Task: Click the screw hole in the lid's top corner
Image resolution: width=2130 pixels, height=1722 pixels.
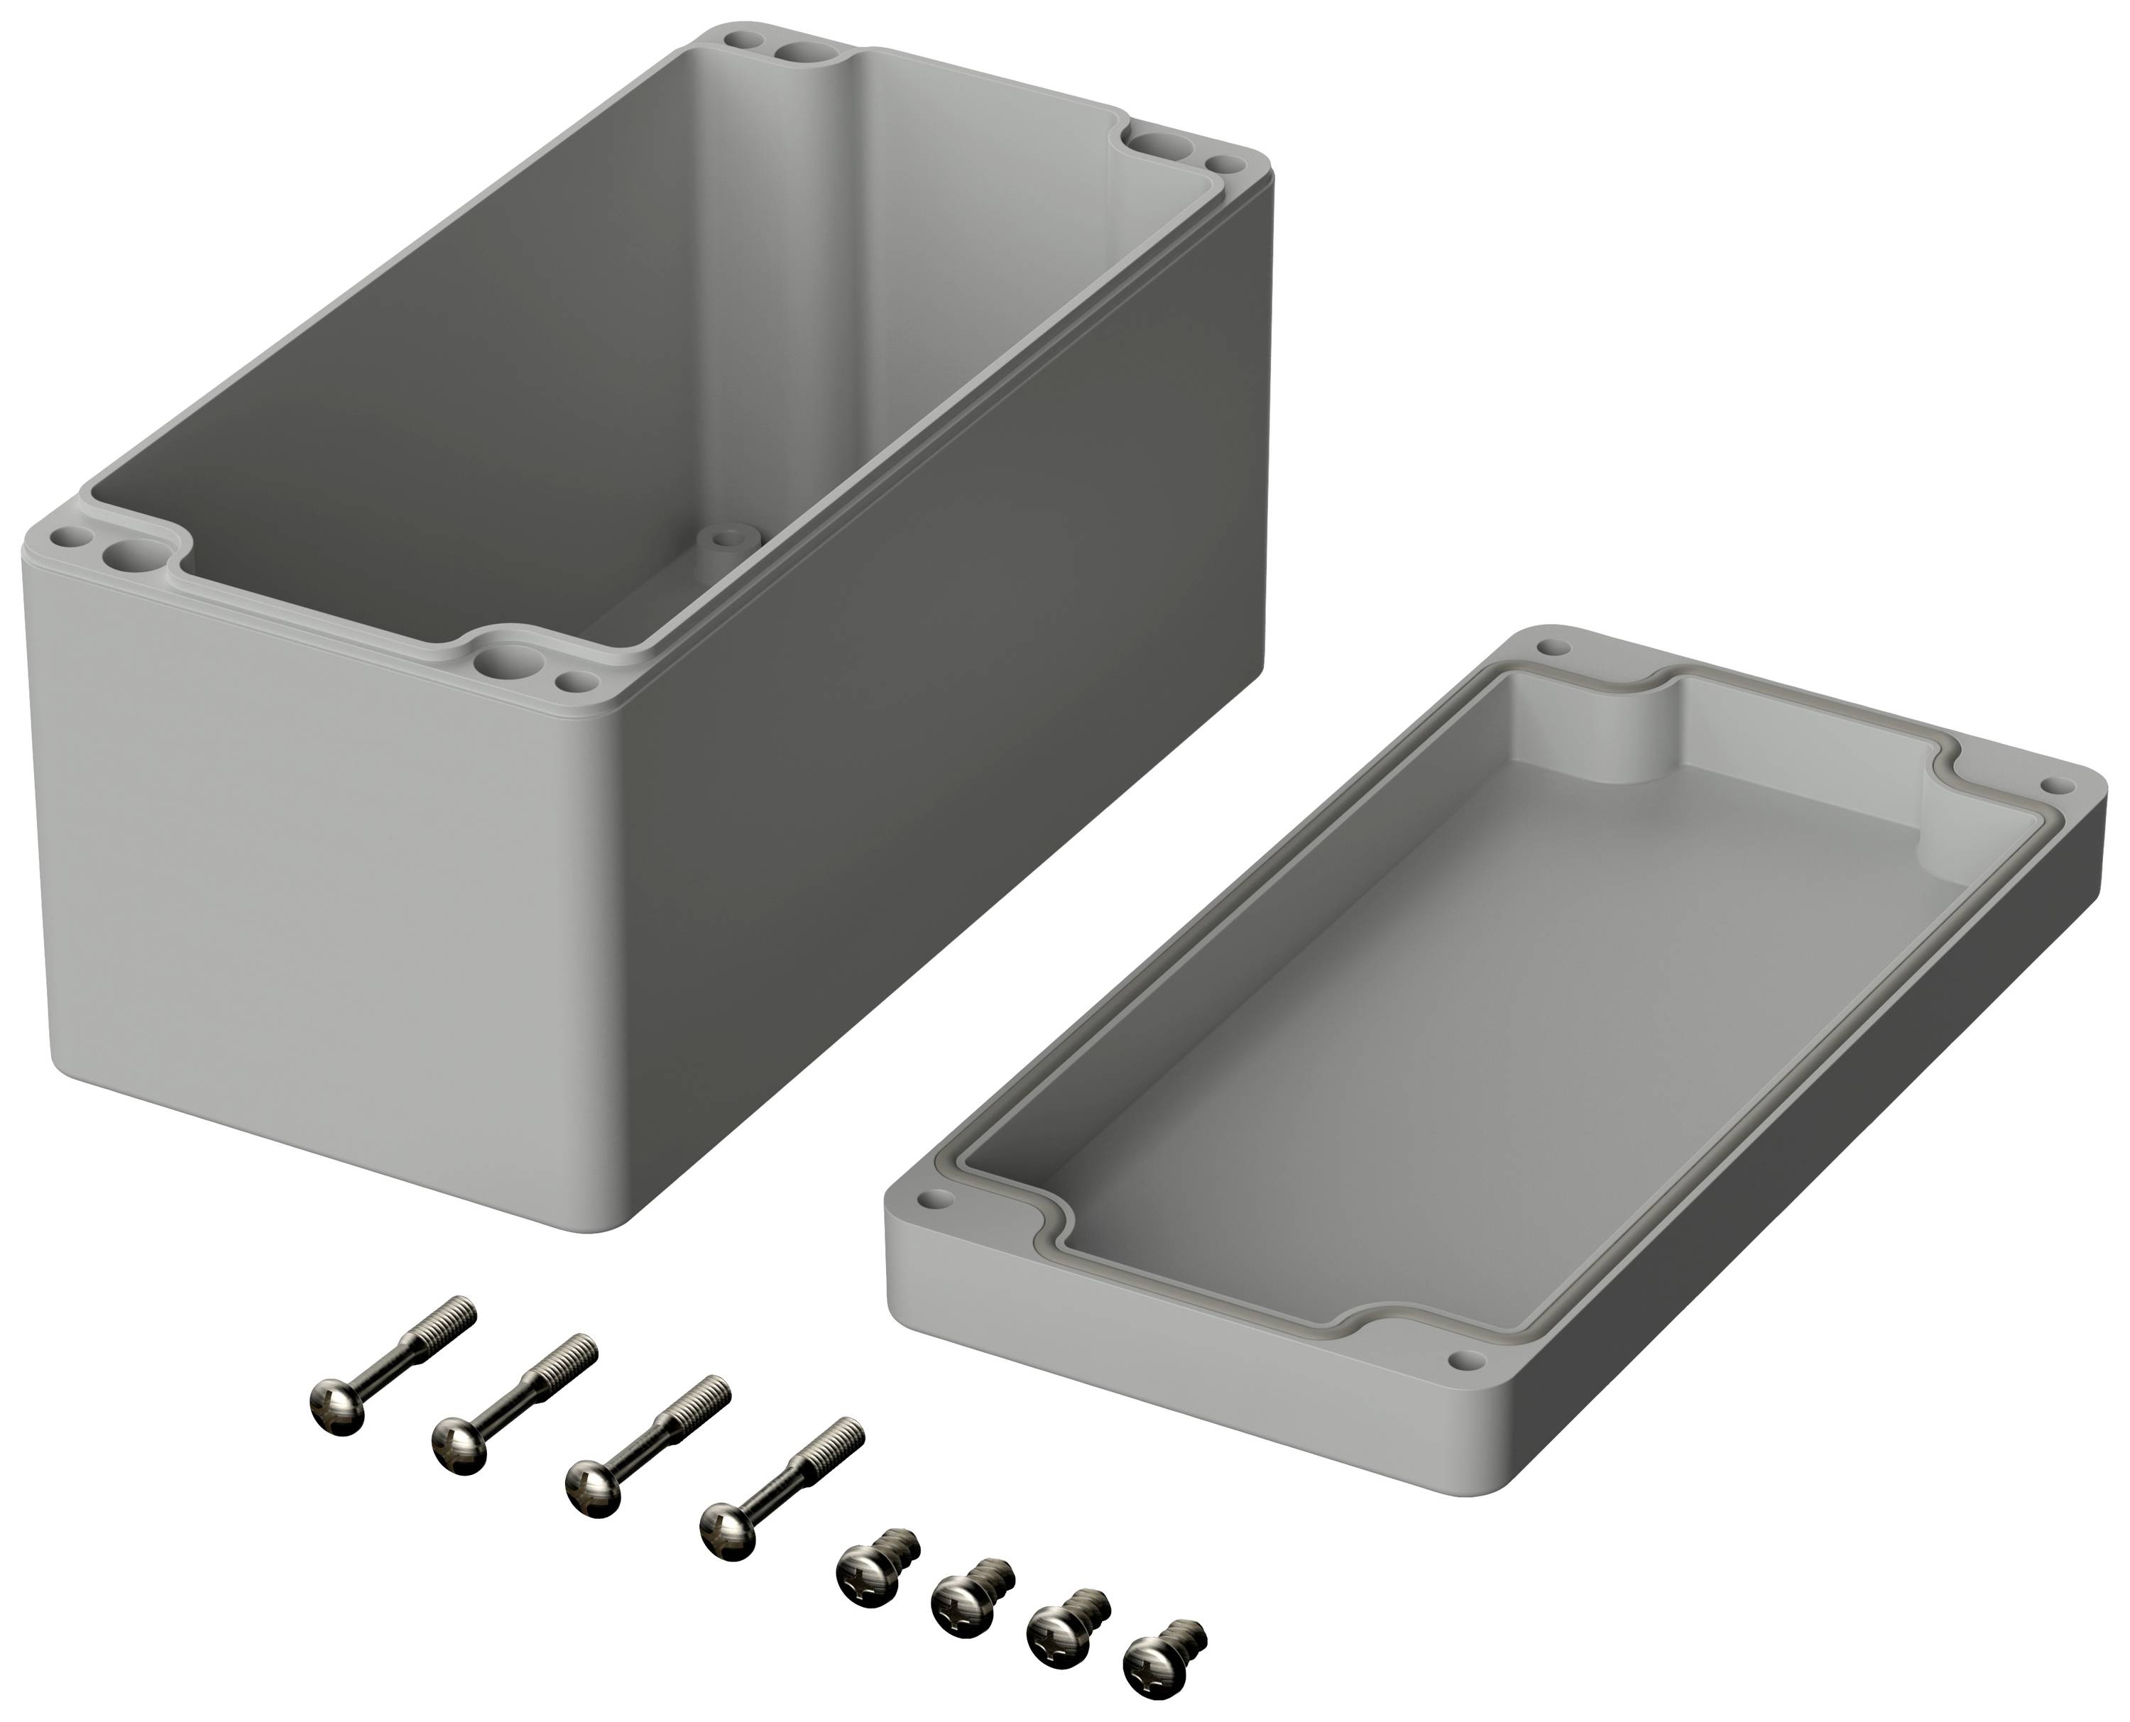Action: point(1553,648)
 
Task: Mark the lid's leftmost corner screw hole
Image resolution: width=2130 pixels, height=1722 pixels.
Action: point(929,1200)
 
